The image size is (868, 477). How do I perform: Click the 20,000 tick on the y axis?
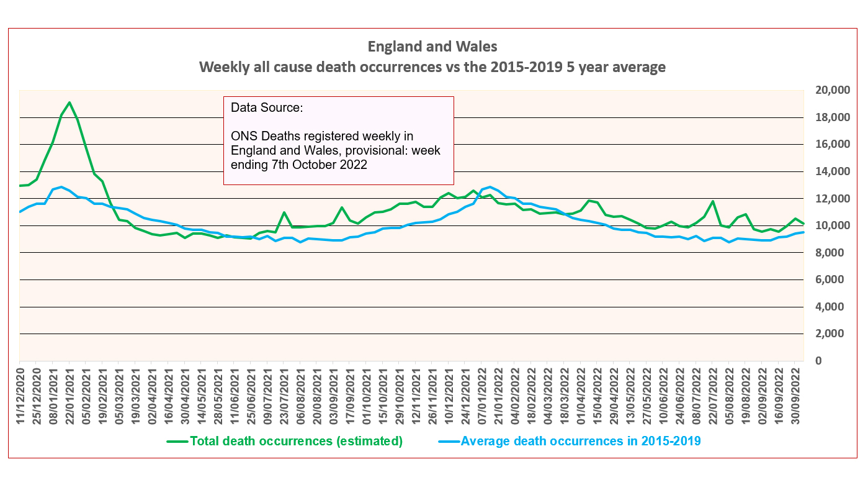(831, 90)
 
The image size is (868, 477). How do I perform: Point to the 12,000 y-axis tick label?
(831, 199)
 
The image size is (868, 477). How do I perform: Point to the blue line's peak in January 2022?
(490, 187)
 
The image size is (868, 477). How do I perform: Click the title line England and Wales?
(432, 47)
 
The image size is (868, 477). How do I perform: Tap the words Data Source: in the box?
(267, 107)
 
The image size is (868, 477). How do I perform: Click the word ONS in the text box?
(243, 135)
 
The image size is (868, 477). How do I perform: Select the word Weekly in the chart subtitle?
(221, 67)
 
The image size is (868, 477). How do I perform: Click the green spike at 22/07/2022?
(713, 201)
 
